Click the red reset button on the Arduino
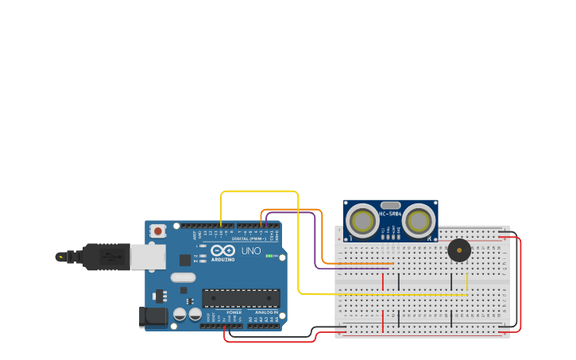(x=158, y=231)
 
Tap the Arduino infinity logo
(x=223, y=250)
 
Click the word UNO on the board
(x=251, y=251)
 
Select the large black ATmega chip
(x=241, y=298)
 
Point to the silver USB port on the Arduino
(x=148, y=257)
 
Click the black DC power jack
(x=153, y=317)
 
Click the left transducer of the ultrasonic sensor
(x=363, y=221)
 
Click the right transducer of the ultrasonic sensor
(x=418, y=221)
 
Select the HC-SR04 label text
(x=390, y=213)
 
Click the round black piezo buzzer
(x=458, y=250)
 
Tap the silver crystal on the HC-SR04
(x=390, y=205)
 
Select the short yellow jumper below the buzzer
(x=467, y=282)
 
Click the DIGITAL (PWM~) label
(x=249, y=238)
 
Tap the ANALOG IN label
(x=265, y=312)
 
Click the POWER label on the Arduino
(x=234, y=312)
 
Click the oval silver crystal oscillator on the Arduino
(x=183, y=277)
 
